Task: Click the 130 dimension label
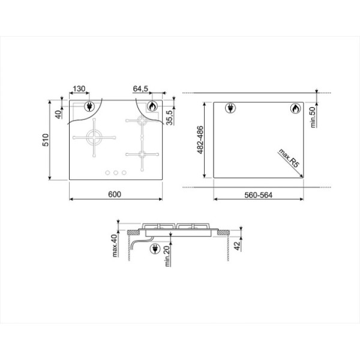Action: tap(79, 89)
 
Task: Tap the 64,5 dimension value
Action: tap(141, 89)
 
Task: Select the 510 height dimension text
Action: tap(46, 140)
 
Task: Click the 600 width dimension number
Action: tap(115, 194)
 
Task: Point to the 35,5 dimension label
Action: tap(169, 118)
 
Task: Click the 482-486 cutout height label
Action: tap(200, 140)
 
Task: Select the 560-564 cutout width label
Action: tap(258, 196)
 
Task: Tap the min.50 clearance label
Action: tap(313, 118)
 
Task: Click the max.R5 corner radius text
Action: tap(289, 158)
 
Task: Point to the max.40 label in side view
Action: tap(115, 245)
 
